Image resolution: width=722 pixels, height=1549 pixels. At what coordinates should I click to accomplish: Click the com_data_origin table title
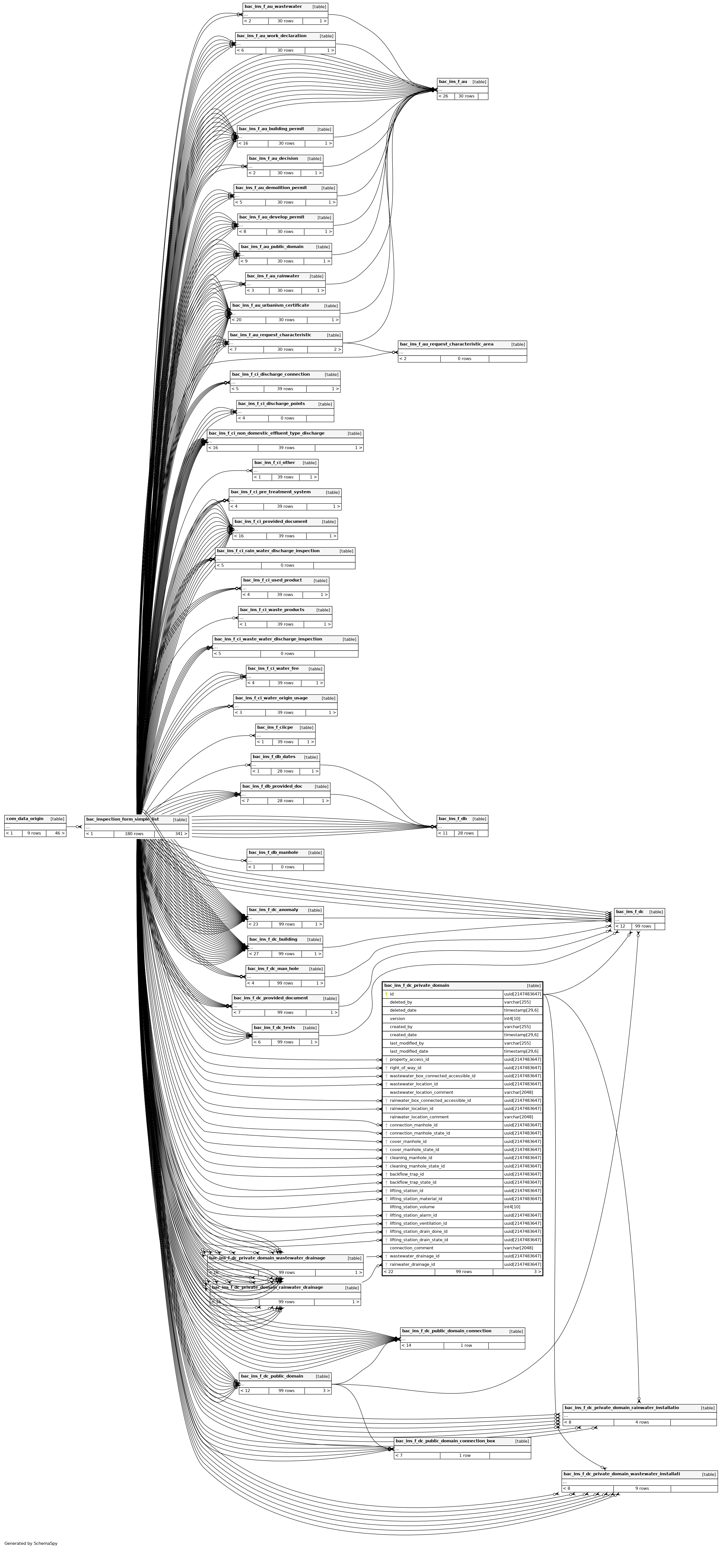25,818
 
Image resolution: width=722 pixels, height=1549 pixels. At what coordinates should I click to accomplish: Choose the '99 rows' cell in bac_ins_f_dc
643,926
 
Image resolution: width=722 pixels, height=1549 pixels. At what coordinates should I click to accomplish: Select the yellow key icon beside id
386,994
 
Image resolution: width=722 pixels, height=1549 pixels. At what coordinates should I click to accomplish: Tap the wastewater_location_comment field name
421,1092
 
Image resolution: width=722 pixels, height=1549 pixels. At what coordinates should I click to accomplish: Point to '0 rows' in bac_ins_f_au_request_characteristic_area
464,358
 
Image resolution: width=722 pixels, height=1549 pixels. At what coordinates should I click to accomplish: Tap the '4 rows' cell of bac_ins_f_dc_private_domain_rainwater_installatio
642,1422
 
